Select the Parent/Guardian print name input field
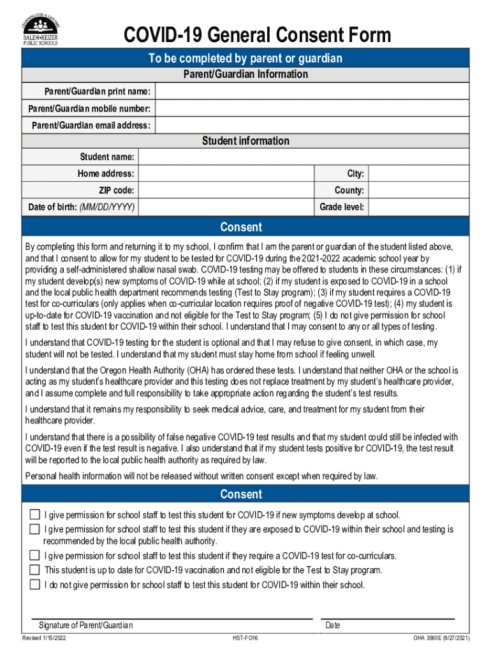[312, 92]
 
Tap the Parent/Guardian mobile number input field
[312, 108]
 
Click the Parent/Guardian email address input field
[312, 125]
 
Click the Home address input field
[226, 173]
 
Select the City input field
[419, 173]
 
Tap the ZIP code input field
[226, 190]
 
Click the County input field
[419, 190]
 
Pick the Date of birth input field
[226, 207]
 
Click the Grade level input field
[419, 207]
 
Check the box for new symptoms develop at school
[34, 515]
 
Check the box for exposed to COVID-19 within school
[34, 529]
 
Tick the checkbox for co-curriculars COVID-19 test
[34, 555]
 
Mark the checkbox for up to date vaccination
[34, 569]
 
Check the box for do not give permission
[34, 584]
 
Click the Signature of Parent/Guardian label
[86, 625]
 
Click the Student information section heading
[246, 141]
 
